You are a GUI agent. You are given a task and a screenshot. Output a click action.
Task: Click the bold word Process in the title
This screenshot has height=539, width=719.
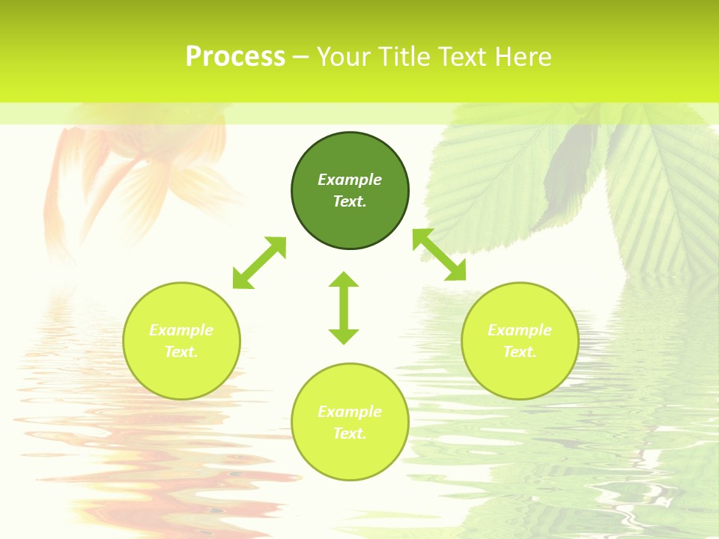(x=235, y=57)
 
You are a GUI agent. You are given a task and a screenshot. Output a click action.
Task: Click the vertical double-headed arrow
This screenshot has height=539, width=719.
(x=344, y=308)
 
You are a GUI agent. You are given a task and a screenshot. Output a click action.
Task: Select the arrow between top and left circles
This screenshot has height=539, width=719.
(x=259, y=263)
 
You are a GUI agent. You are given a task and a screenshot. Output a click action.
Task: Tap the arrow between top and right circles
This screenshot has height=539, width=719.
(x=440, y=255)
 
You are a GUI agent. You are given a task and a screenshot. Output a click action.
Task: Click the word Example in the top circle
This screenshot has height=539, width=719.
(x=350, y=180)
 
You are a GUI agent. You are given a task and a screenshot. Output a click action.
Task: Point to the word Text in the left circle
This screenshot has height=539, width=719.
(x=181, y=352)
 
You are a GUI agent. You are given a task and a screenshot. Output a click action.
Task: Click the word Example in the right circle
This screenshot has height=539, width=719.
(x=520, y=330)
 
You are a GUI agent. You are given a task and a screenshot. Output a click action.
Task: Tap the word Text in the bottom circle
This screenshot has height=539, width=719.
(x=350, y=433)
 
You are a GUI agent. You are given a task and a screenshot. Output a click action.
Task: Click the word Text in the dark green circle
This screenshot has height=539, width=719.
(x=350, y=201)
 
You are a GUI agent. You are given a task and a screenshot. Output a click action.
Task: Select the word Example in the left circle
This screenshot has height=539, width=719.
(x=181, y=330)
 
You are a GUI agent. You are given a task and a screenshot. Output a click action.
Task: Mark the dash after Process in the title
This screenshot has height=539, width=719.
(x=300, y=57)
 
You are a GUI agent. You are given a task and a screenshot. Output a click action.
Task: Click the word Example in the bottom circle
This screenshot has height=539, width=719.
(x=350, y=412)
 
